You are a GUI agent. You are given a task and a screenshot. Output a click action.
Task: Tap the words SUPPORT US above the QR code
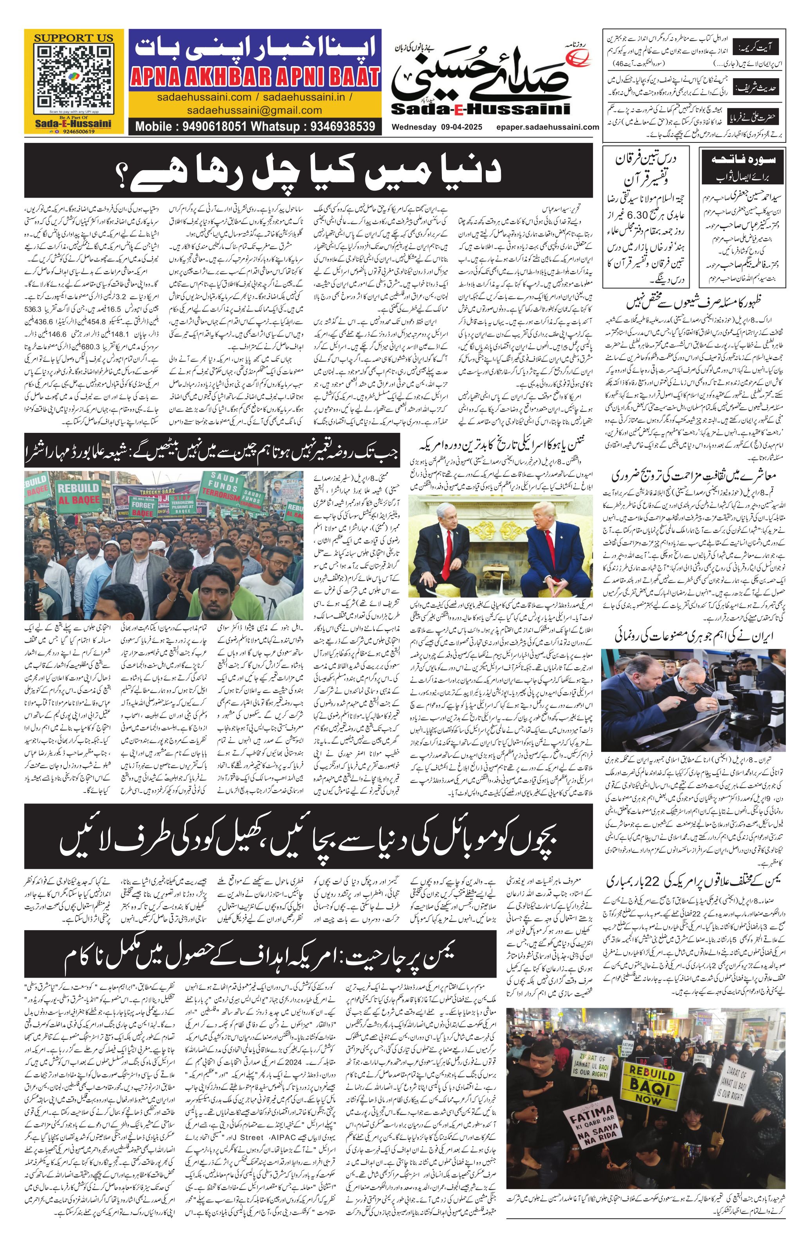74,38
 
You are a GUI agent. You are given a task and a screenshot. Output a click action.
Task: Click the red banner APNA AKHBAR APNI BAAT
255,77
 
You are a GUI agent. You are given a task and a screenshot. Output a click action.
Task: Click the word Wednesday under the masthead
414,127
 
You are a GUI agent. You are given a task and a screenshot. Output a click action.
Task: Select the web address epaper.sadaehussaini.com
548,127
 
